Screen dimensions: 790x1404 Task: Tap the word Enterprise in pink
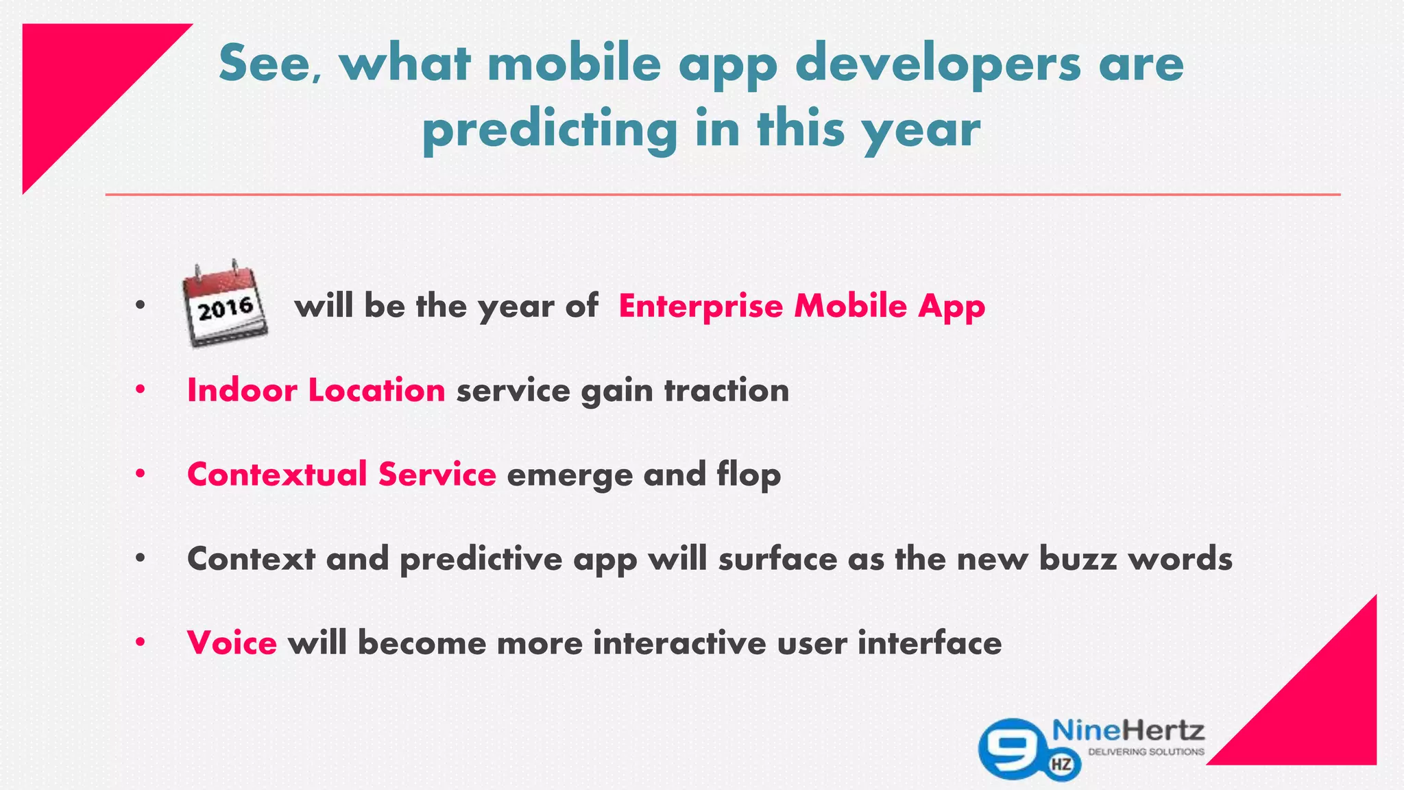click(x=700, y=306)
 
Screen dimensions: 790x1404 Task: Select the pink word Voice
click(x=232, y=643)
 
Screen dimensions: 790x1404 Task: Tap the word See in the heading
click(x=265, y=63)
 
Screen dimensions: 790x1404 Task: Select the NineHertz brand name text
click(x=1128, y=730)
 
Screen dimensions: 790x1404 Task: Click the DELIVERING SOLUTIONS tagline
click(x=1146, y=752)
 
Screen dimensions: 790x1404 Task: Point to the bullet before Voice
click(x=141, y=643)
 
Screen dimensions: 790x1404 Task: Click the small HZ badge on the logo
click(x=1062, y=764)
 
